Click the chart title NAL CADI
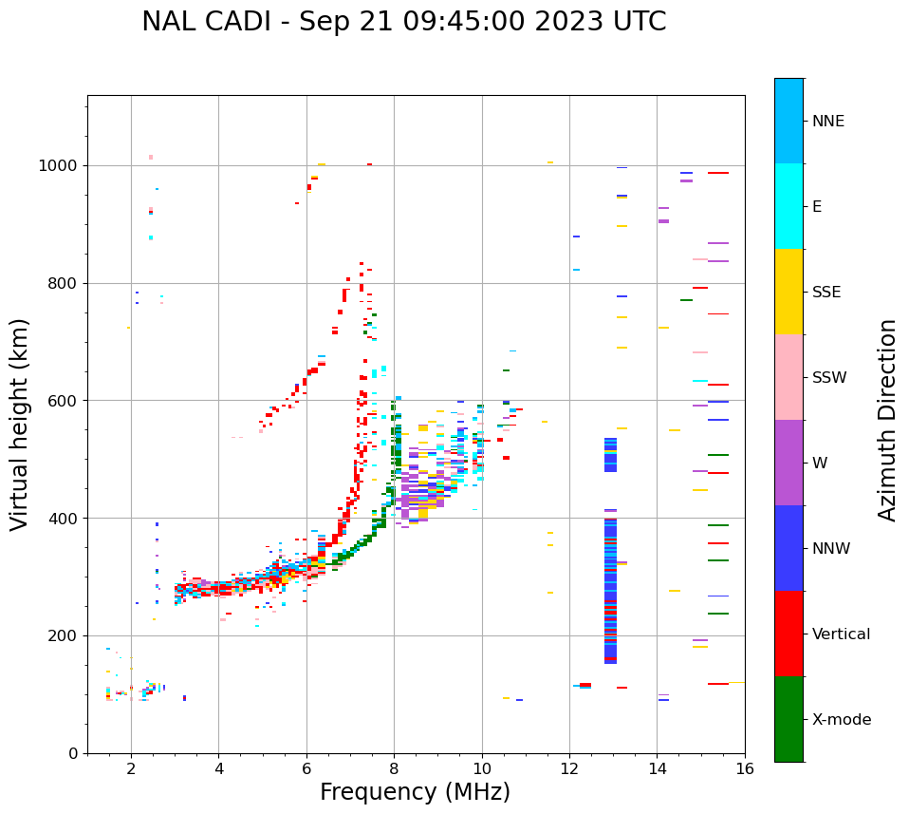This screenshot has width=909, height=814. [x=403, y=22]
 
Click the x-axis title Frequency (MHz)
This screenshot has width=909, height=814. [x=415, y=792]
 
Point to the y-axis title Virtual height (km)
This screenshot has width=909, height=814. [x=20, y=425]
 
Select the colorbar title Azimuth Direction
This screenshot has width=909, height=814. [x=887, y=420]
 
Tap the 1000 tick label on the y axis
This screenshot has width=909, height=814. [x=59, y=166]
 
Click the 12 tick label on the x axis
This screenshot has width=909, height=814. [x=569, y=768]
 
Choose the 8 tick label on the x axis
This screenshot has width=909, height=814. [x=394, y=768]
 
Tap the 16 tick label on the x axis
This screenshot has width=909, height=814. [x=745, y=768]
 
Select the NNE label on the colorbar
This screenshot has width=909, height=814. [x=827, y=122]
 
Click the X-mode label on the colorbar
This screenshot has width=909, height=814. [x=841, y=720]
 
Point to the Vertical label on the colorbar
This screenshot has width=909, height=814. [x=841, y=634]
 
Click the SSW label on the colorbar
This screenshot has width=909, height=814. [x=829, y=378]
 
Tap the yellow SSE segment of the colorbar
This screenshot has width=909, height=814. [x=788, y=292]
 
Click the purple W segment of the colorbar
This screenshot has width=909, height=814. [x=788, y=463]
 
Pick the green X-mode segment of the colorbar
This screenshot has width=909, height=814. [x=788, y=719]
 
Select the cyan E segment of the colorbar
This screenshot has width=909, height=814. [x=788, y=206]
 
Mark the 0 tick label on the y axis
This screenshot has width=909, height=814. [x=73, y=753]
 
